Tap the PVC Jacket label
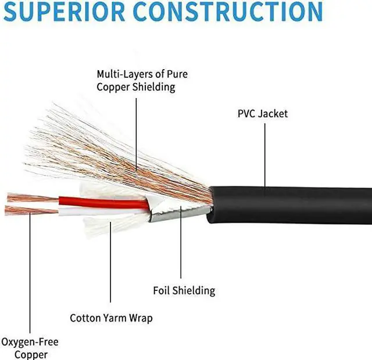click(263, 114)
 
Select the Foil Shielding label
click(184, 290)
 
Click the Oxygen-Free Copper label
click(30, 348)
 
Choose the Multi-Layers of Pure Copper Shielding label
click(136, 81)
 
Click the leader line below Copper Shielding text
click(137, 134)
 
